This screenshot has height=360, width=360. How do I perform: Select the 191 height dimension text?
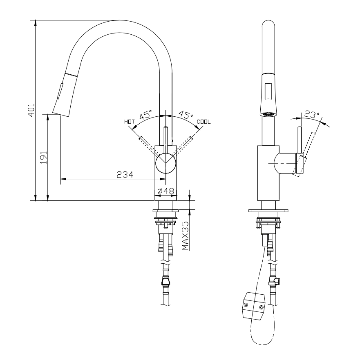44,157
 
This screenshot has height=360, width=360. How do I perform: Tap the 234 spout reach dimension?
125,174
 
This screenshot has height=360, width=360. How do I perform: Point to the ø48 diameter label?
166,191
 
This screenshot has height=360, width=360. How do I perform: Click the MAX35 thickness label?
186,236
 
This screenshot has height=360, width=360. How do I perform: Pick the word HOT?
129,122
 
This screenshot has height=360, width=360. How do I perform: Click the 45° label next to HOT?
145,115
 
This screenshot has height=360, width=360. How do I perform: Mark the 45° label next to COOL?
186,115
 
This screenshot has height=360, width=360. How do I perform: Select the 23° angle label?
312,115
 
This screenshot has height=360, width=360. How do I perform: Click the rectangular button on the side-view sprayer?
268,91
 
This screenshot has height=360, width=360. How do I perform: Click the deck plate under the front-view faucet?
166,211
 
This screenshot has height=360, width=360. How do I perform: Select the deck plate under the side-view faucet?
268,211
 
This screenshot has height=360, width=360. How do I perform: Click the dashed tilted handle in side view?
307,153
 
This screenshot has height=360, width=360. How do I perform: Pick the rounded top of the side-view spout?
268,25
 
